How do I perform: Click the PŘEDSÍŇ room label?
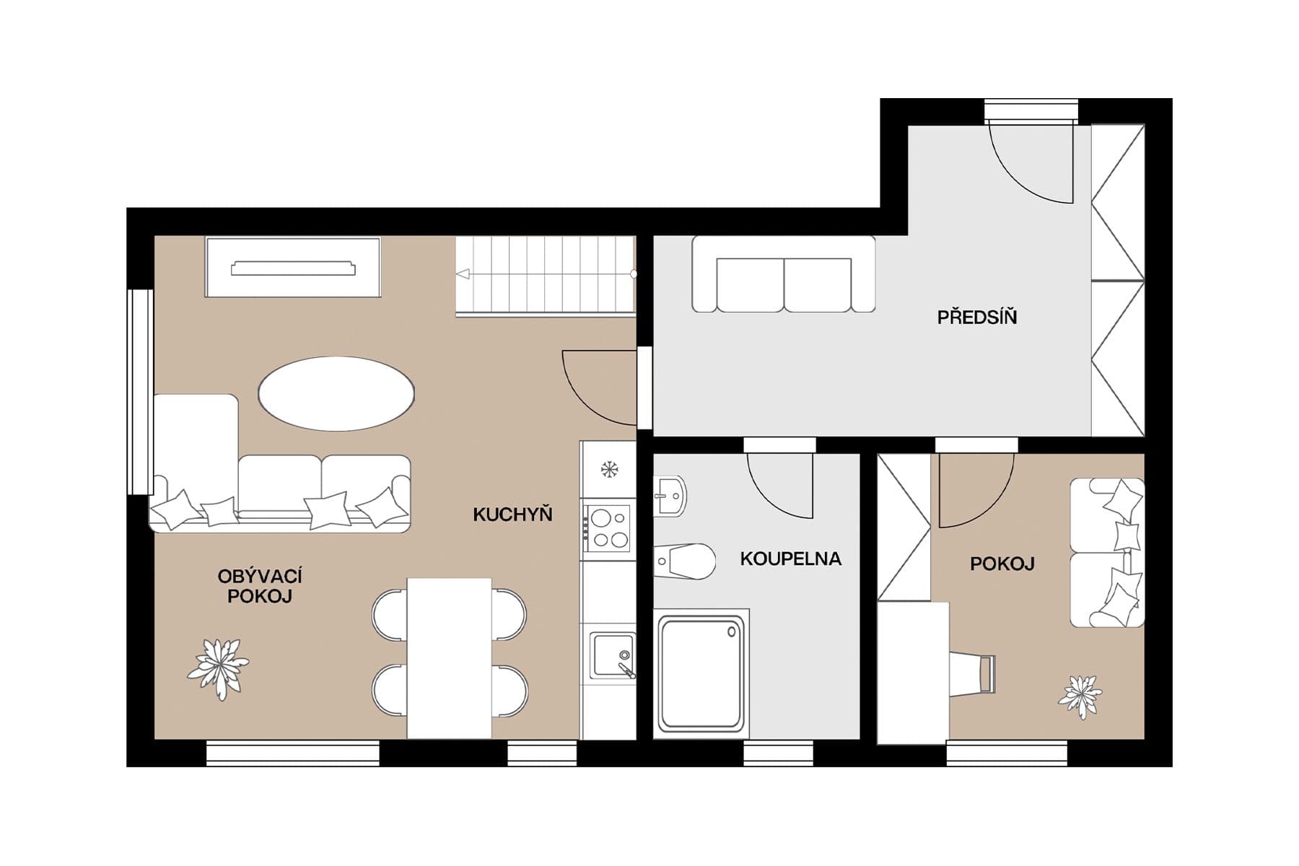[x=977, y=316]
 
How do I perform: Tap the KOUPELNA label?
[x=791, y=559]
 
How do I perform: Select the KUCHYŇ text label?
[x=512, y=514]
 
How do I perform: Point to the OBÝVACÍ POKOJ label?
[x=260, y=586]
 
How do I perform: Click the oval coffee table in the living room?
[x=336, y=393]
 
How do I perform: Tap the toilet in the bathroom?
[x=684, y=561]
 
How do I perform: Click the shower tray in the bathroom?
[x=701, y=672]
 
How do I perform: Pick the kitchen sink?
[x=613, y=655]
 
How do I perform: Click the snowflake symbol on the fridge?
[x=610, y=470]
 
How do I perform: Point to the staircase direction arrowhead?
[x=463, y=274]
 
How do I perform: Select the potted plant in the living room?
[x=218, y=668]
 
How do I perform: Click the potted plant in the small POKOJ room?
[x=1080, y=696]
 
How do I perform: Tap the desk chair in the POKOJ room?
[x=973, y=674]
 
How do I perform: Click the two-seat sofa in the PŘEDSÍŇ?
[x=784, y=274]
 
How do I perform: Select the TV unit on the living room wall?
[x=293, y=267]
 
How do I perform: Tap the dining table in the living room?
[x=450, y=658]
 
